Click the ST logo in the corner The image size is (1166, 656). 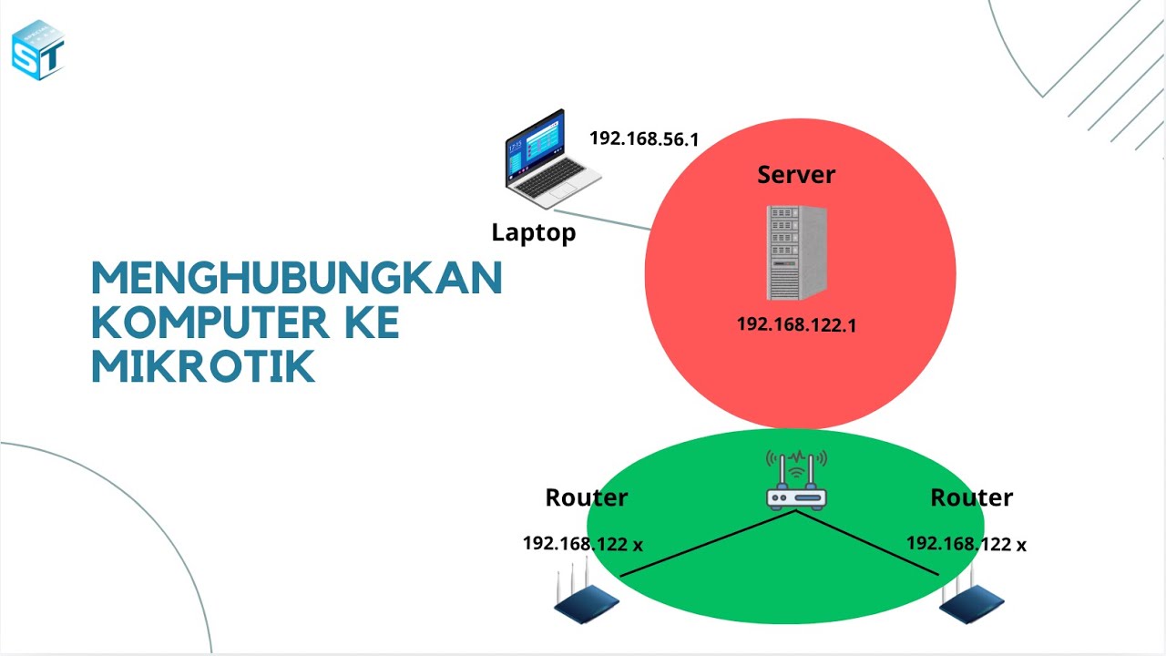click(x=38, y=49)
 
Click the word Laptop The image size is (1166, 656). click(x=534, y=232)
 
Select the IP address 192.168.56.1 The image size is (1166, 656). click(x=643, y=138)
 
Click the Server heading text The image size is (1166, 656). click(x=795, y=175)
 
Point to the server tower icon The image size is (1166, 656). click(x=796, y=252)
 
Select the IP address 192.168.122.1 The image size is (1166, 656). click(x=796, y=324)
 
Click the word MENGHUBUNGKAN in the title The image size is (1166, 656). click(x=297, y=278)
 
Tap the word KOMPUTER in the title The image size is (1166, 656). click(x=196, y=323)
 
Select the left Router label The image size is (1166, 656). click(x=586, y=497)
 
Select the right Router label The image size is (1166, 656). click(x=971, y=497)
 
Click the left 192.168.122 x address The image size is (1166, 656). click(x=582, y=544)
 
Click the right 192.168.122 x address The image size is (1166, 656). click(x=966, y=544)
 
